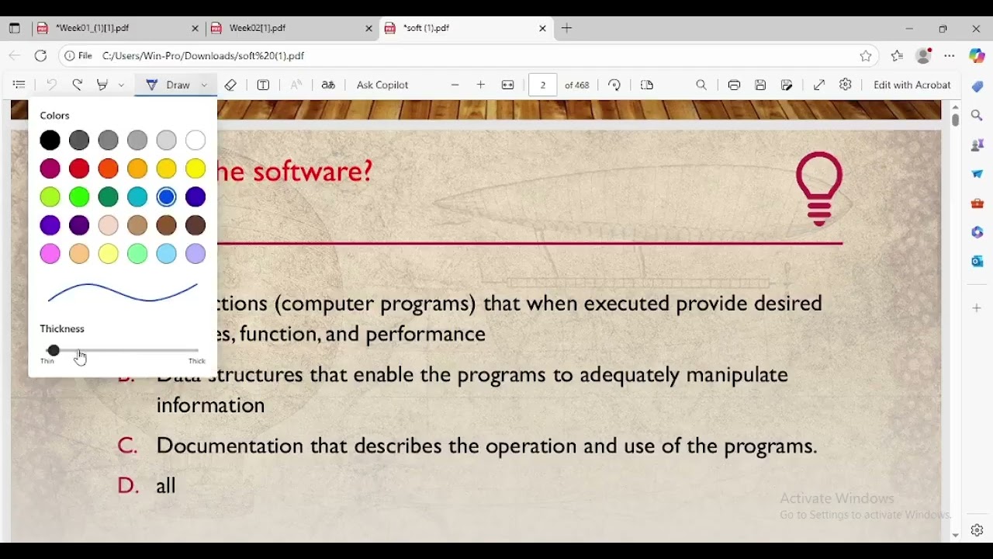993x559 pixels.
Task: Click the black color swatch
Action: pos(50,141)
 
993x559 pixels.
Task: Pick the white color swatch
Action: pos(195,141)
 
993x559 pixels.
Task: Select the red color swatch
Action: pos(79,168)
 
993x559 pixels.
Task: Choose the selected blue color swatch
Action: pos(166,197)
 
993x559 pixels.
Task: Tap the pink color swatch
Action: pos(50,254)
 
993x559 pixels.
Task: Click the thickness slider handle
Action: pos(53,351)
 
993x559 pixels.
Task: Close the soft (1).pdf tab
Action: pos(542,28)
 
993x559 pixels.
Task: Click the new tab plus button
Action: pos(567,28)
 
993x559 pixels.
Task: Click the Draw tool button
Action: pos(169,85)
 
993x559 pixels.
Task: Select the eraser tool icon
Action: pos(230,85)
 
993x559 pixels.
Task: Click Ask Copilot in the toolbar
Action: pos(382,85)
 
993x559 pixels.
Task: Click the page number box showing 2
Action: pos(542,85)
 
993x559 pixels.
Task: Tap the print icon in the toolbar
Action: pos(734,85)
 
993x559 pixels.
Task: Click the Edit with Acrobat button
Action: pos(912,85)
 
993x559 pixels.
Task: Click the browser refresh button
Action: pos(41,56)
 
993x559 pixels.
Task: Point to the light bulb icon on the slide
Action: pos(819,187)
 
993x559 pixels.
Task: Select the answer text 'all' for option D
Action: pos(166,486)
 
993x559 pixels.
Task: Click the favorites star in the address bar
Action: pos(866,56)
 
